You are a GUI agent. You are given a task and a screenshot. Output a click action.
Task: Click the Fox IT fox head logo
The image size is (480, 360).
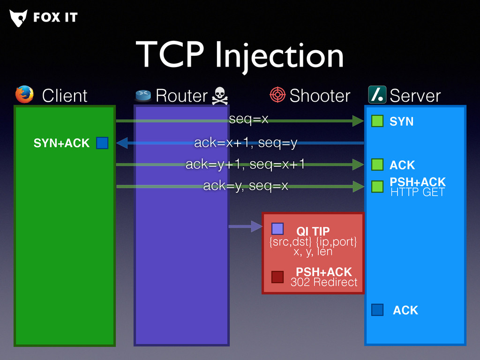point(18,18)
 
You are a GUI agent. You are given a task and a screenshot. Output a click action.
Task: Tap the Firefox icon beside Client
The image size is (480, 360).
point(24,94)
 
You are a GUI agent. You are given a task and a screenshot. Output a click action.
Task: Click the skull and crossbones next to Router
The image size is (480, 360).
point(219,96)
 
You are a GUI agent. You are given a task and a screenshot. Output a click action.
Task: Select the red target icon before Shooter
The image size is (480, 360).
point(277,95)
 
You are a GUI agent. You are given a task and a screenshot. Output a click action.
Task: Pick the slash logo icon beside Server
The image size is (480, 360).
point(377,95)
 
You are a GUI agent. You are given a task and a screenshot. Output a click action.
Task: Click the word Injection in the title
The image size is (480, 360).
point(279,55)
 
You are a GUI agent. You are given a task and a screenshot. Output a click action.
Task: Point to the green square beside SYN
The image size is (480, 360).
point(377,121)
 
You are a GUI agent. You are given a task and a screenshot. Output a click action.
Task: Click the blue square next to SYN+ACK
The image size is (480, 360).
point(102,143)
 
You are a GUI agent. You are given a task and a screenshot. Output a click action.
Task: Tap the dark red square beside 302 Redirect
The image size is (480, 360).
point(277,277)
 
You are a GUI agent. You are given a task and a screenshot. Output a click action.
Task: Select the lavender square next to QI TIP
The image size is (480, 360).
point(277,229)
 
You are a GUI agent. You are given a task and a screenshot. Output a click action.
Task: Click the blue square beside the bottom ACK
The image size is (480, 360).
point(377,310)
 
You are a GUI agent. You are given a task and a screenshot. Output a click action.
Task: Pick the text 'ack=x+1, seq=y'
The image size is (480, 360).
point(246,143)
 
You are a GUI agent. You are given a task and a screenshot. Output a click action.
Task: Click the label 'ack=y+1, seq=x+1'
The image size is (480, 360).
point(245,165)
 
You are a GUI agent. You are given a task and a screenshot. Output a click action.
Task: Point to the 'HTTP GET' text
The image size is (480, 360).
point(417,192)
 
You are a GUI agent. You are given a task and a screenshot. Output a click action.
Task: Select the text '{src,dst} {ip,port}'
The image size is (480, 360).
point(313,242)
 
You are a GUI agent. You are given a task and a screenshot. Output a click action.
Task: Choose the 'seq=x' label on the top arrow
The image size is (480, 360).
point(248,120)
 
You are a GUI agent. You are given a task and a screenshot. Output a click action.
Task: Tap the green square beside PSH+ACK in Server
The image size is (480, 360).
point(377,187)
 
